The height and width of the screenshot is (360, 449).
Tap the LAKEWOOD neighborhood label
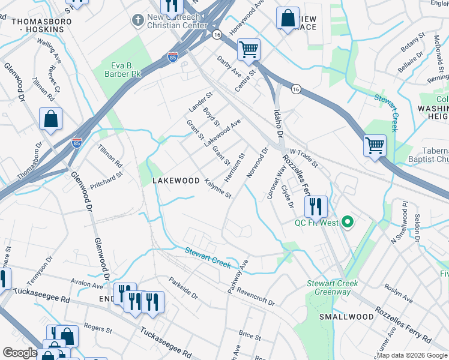coord(175,181)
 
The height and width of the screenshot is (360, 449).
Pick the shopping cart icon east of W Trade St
coord(375,145)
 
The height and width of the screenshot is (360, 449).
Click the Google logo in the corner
coord(20,353)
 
